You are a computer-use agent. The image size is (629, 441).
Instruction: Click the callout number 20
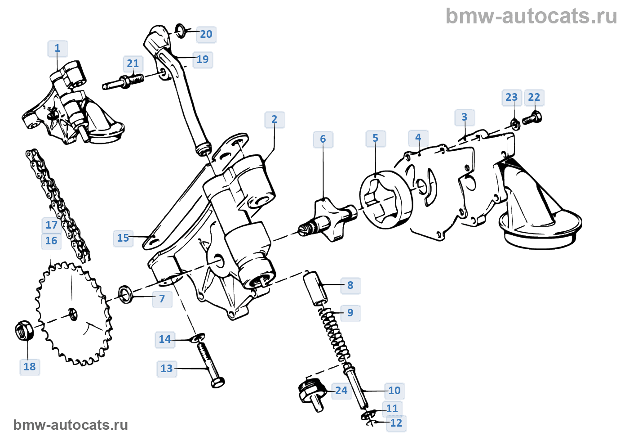point(206,34)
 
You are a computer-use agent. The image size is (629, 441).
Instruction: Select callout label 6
point(323,139)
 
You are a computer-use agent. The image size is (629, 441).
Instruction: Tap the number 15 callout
point(123,238)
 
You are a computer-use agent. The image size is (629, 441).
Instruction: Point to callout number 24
point(341,391)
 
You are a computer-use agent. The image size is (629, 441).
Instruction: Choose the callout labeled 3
point(465,117)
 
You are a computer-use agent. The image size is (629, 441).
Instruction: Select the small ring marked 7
point(125,294)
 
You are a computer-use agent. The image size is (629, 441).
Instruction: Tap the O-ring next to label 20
point(179,30)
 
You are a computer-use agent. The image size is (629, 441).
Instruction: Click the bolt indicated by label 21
point(124,82)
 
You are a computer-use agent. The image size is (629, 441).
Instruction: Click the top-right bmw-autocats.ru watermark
point(531,16)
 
